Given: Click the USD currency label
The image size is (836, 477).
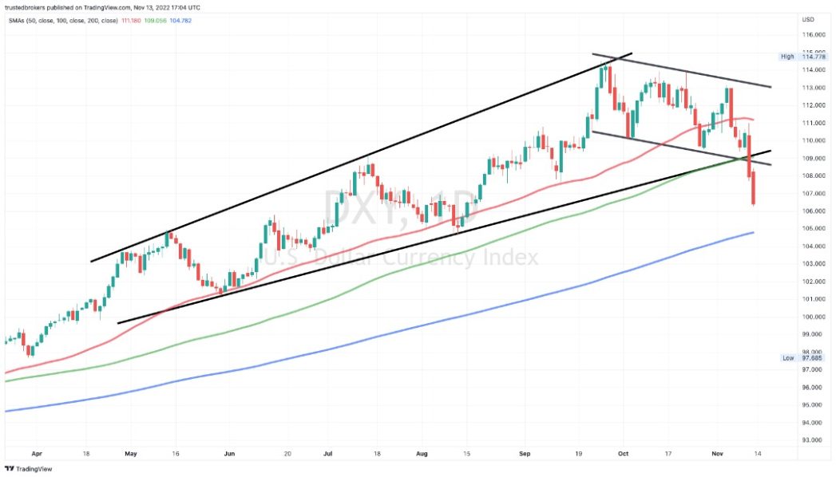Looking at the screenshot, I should coord(807,19).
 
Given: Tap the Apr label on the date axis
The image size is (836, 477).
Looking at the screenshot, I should coord(36,452).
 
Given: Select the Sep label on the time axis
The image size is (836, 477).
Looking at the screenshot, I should coord(524,452).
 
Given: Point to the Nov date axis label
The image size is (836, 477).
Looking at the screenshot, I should coord(719,452).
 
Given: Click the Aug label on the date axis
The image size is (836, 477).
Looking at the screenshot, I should coord(422,452).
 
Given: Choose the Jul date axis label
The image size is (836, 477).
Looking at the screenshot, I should coord(327,452).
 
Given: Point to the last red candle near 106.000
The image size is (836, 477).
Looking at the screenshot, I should coord(754,191).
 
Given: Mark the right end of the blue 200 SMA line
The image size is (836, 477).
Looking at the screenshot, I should coord(753,233).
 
